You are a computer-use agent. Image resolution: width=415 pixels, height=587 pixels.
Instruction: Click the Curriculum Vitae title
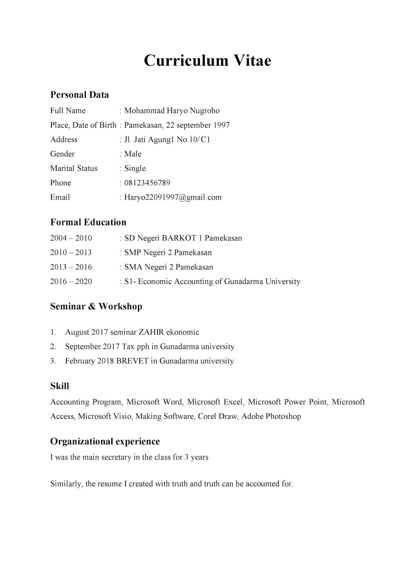coord(207,61)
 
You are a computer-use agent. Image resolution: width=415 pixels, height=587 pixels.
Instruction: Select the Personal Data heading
coord(80,95)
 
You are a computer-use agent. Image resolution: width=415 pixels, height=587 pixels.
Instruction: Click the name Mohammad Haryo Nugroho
coord(172,111)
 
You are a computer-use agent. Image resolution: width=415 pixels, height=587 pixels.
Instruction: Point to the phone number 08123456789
coord(147,183)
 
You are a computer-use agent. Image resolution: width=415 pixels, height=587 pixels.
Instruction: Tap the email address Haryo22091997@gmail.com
coord(173,197)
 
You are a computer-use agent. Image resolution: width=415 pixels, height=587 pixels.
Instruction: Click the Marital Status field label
coord(74,168)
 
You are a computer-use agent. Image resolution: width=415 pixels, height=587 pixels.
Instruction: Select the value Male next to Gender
coord(133,154)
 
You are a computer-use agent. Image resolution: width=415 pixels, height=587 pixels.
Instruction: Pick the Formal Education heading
coord(88,222)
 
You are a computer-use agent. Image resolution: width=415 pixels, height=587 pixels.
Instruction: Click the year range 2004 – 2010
coord(71,238)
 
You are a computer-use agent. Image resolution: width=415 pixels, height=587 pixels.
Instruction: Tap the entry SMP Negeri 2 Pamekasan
coord(168,253)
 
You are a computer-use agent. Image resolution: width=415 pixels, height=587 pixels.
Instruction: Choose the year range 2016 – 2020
coord(71,281)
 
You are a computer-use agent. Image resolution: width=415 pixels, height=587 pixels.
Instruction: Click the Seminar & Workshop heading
coord(96,306)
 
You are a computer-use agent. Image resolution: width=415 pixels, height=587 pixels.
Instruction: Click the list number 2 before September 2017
coord(53,347)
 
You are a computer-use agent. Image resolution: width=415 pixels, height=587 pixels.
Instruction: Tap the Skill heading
coord(59,386)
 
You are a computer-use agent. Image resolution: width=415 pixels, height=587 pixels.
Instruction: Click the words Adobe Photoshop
coord(271,416)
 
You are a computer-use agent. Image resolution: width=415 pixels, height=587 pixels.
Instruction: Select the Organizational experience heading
coord(105,441)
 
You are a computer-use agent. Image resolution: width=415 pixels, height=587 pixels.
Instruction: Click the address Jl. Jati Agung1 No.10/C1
coord(167,140)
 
